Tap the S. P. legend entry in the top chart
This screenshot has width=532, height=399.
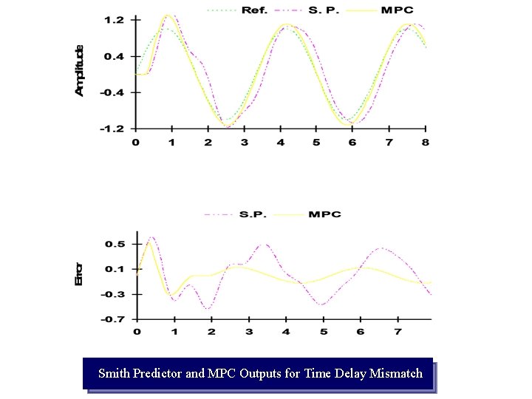pos(324,10)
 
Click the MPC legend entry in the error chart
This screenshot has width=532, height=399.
pos(325,214)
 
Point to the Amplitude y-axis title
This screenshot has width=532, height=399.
pos(80,70)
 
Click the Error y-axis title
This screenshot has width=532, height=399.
pos(80,273)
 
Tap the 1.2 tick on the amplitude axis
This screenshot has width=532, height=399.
pos(115,20)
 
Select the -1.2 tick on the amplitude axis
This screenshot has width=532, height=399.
pos(113,129)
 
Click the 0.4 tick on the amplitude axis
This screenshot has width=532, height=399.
pos(115,56)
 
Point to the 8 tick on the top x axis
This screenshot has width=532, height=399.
pos(426,142)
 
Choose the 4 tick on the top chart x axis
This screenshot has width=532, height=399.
pos(280,142)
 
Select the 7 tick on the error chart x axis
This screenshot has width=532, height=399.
pos(398,332)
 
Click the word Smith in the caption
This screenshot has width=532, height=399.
pos(114,373)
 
